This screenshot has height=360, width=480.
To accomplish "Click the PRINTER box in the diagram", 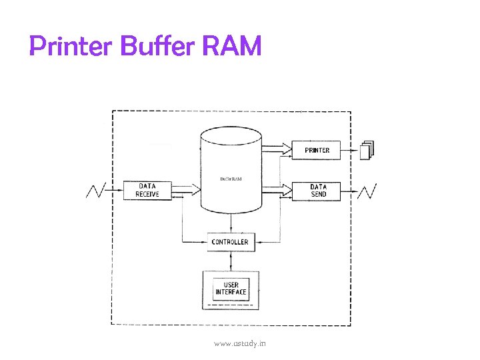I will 317,150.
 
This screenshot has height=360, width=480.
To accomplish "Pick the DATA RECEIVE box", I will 147,191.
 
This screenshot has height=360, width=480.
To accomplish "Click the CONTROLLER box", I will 229,242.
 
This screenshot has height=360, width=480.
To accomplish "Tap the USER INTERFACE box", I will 231,289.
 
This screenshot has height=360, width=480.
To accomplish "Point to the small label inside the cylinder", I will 231,179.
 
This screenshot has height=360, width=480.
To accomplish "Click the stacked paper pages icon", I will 367,150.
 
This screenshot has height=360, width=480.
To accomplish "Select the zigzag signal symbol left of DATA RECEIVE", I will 97,191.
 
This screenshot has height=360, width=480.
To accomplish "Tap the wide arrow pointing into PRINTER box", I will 277,146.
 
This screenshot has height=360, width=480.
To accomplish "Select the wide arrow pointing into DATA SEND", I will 277,191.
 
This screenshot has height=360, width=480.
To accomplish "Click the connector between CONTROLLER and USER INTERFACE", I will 230,260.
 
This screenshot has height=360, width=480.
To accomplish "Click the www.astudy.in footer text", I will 239,343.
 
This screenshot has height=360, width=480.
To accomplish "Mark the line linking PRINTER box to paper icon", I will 350,150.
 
